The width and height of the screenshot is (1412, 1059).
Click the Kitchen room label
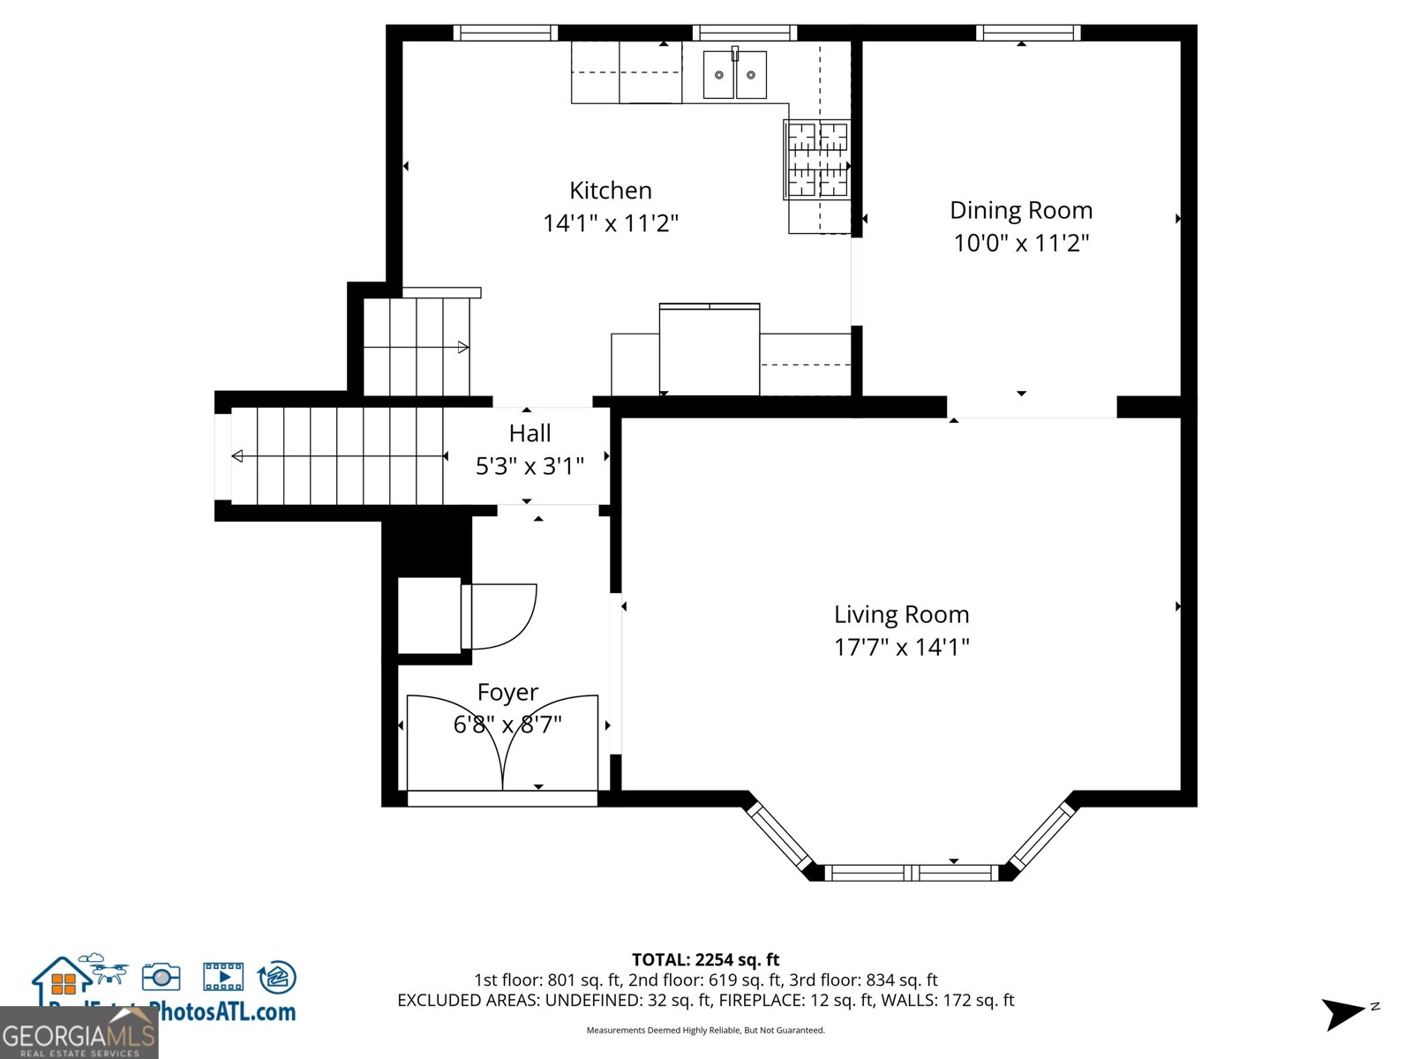coord(610,191)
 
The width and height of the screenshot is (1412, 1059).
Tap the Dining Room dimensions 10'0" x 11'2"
coord(1021,243)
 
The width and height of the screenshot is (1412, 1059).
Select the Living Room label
coord(901,614)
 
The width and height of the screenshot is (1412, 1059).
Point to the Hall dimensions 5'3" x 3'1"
coord(529,466)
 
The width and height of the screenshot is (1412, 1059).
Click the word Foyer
coord(507,693)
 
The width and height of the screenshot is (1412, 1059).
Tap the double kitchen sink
coord(734,75)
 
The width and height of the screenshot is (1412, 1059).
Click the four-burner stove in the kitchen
coord(817,160)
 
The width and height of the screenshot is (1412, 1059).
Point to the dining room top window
coord(1028,33)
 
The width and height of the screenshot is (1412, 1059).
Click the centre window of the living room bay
coord(911,873)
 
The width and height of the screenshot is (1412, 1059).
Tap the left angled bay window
coord(779,835)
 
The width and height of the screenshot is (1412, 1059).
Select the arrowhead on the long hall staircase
coord(237,456)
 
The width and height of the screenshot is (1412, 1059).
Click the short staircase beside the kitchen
coord(416,347)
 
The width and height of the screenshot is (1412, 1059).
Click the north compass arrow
coord(1342,1013)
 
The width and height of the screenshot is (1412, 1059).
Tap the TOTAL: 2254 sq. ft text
coord(705,959)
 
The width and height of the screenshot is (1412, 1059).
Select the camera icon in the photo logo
coord(161,976)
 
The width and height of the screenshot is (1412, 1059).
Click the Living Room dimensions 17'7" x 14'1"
coord(901,647)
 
